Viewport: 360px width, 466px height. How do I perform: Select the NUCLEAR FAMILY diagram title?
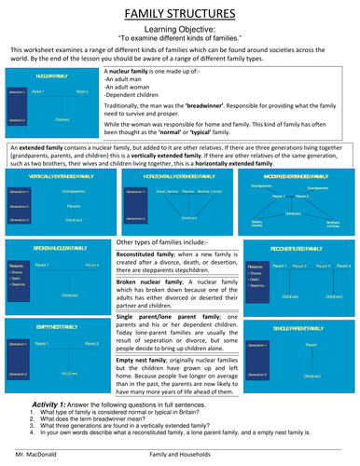[51, 73]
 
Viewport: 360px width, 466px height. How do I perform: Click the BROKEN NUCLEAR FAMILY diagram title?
[59, 250]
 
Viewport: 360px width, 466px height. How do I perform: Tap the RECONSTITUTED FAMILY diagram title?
[298, 250]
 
